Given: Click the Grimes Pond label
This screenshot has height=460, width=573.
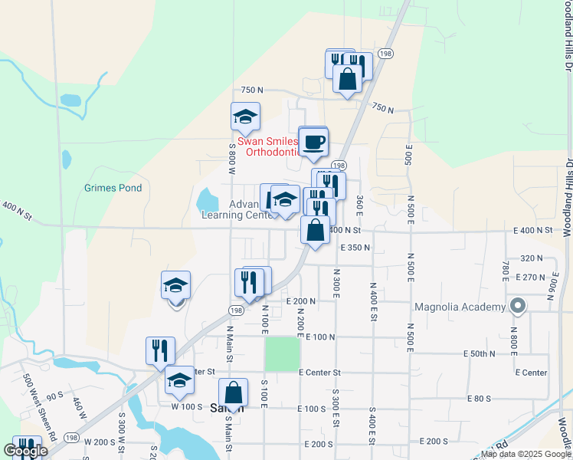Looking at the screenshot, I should coord(113,188).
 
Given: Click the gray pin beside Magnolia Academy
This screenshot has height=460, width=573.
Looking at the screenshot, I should coord(517,307).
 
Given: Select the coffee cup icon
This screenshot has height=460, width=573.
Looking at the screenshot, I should coord(313,142).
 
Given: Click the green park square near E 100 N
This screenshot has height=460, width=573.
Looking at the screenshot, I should coord(283,354).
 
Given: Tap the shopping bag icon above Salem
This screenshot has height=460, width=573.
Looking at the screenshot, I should coord(234,393).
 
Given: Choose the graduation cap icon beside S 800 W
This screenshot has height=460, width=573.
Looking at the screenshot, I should coord(245,117).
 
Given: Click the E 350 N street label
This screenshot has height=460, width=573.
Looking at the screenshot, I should coord(355,248).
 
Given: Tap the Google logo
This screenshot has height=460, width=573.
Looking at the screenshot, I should coord(25,451).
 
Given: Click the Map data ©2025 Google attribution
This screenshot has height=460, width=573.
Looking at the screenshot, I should coord(525,454).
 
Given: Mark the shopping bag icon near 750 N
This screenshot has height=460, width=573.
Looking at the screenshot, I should coord(347,79).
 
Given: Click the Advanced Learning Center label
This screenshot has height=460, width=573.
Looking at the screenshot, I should coord(237,209).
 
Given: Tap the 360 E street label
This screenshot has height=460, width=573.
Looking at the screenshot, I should coord(359,205).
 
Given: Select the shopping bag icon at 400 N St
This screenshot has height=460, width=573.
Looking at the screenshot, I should coord(315,230).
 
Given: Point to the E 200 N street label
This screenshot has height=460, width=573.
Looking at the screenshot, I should coord(302,301).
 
